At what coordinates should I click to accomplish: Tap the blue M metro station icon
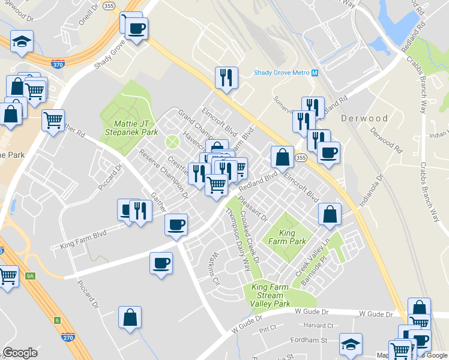click(315, 73)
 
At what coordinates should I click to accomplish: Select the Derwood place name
click(365, 118)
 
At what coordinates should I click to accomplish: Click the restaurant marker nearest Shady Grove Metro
click(226, 77)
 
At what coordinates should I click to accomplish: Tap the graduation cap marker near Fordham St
click(351, 344)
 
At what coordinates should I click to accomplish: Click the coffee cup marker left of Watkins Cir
click(161, 263)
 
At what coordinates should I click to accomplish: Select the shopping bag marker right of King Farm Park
click(330, 214)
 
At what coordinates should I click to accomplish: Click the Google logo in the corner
click(20, 353)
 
